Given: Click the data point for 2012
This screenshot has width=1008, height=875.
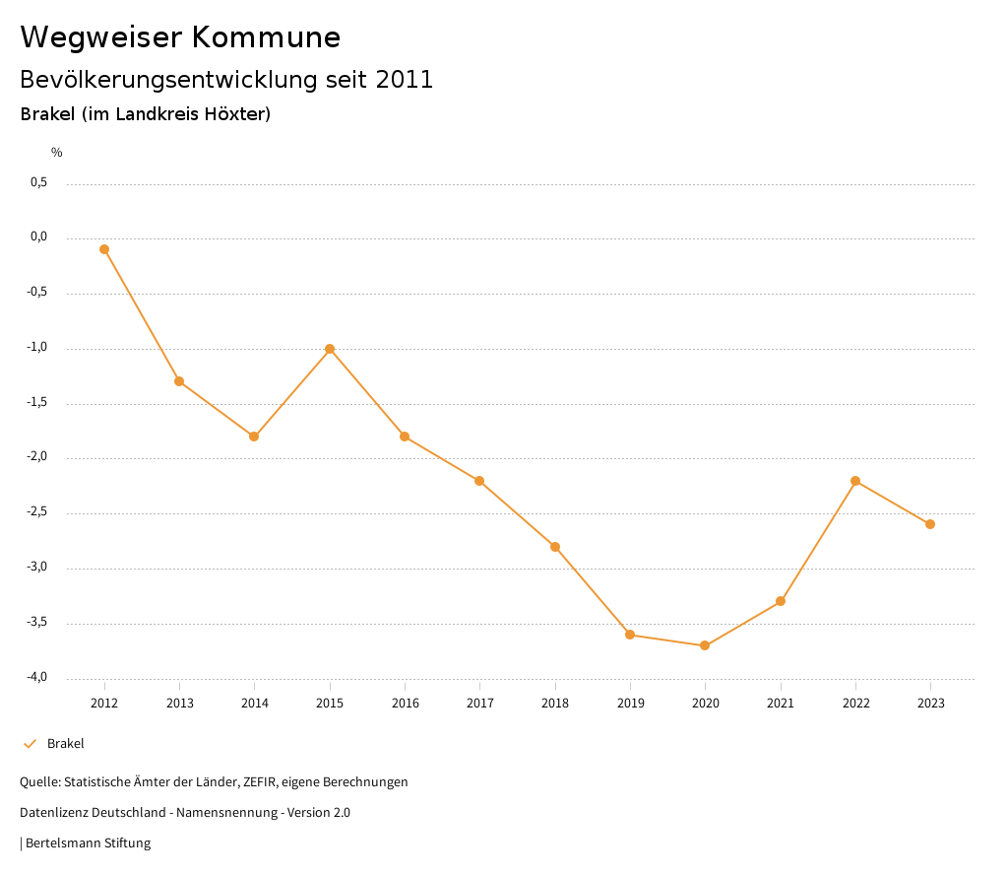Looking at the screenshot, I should click(x=104, y=249).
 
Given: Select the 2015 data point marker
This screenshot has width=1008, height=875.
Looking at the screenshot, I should click(x=330, y=349).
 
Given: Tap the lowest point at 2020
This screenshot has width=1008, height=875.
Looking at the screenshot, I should click(x=705, y=645).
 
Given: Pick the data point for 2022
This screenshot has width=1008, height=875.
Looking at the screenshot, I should click(x=855, y=481).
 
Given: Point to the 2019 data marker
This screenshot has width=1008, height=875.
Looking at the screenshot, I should click(x=630, y=635).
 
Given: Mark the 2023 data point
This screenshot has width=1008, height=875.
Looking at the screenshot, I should click(x=930, y=524).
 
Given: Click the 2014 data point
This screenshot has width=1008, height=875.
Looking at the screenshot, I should click(x=254, y=437).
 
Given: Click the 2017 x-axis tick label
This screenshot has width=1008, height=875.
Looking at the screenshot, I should click(x=480, y=704).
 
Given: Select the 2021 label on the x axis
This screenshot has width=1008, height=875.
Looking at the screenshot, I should click(x=781, y=704).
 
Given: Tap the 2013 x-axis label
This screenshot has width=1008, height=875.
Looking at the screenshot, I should click(x=179, y=704).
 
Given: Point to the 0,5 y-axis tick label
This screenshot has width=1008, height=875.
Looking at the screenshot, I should click(x=38, y=182).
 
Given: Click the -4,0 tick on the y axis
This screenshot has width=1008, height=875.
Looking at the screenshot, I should click(x=37, y=677).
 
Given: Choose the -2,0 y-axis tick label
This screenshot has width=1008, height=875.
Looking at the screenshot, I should click(x=37, y=457).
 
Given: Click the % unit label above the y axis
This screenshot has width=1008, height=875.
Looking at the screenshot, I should click(x=57, y=153).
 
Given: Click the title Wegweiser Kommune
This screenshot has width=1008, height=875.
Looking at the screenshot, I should click(x=180, y=37).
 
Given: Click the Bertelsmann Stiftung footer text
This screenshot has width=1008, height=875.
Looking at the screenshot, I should click(x=88, y=843).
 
